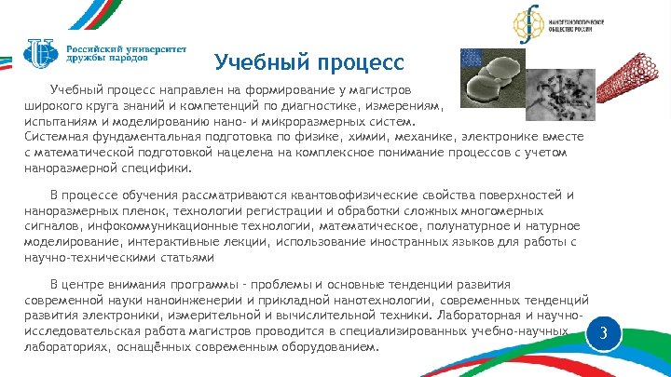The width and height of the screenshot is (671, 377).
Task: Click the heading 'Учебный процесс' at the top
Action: point(308,63)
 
